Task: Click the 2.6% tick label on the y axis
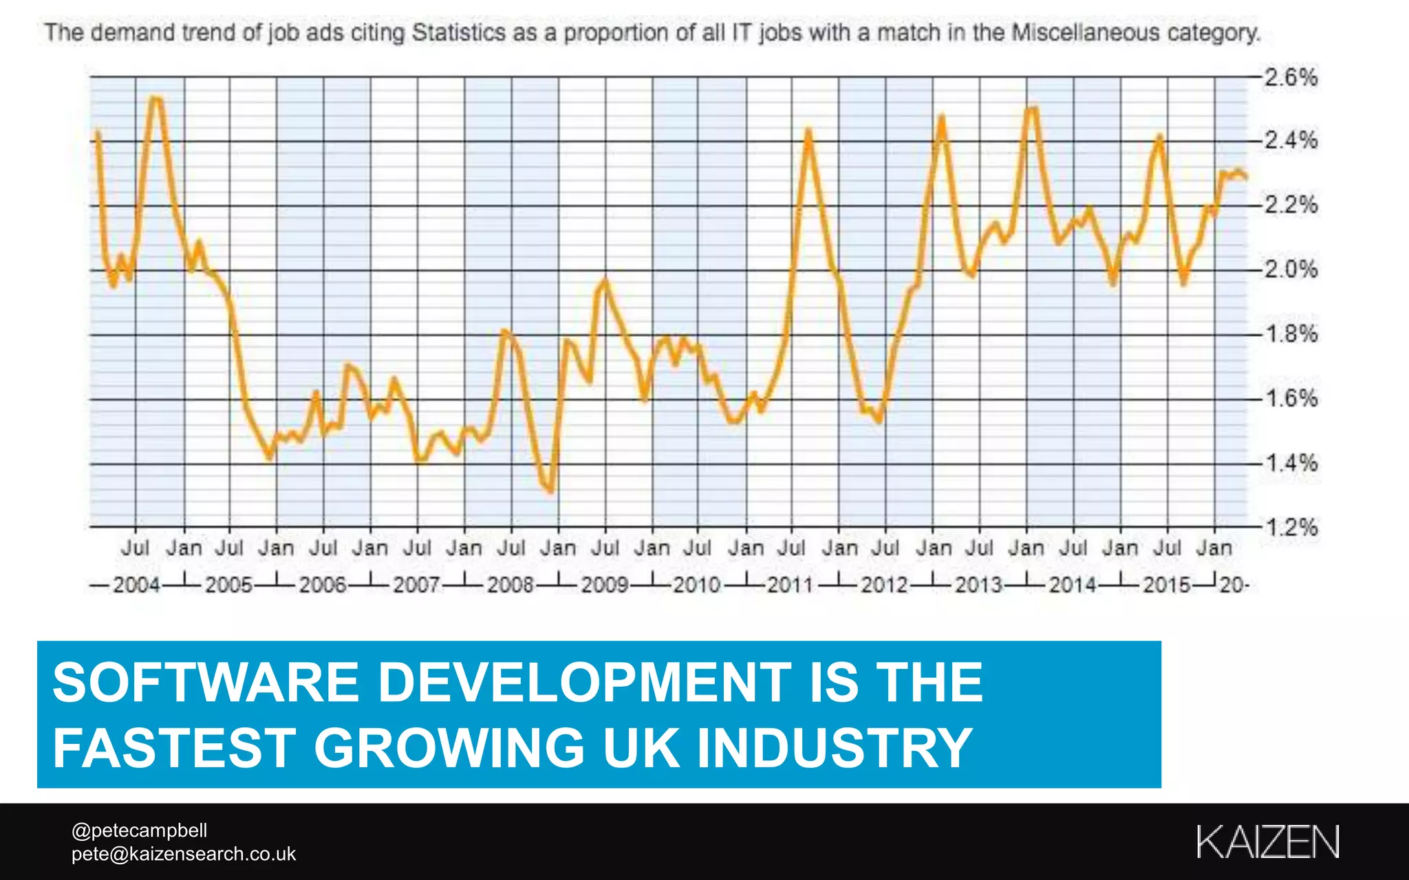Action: [x=1291, y=77]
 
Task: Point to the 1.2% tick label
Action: [x=1291, y=528]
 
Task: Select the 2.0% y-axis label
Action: [x=1291, y=269]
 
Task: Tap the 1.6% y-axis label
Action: [x=1291, y=399]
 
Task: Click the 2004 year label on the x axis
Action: [x=136, y=585]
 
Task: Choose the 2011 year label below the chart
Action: [x=790, y=585]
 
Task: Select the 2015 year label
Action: [x=1166, y=585]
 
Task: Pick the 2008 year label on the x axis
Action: [x=510, y=585]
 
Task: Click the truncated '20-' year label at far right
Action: [x=1234, y=585]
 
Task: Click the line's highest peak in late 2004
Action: [x=156, y=99]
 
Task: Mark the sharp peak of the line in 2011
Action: [x=808, y=130]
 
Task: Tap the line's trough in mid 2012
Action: [x=879, y=420]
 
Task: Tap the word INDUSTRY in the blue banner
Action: [x=835, y=748]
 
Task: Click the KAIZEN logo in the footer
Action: [x=1267, y=841]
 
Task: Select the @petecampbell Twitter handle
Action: [x=139, y=830]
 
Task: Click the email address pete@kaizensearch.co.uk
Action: [x=183, y=854]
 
